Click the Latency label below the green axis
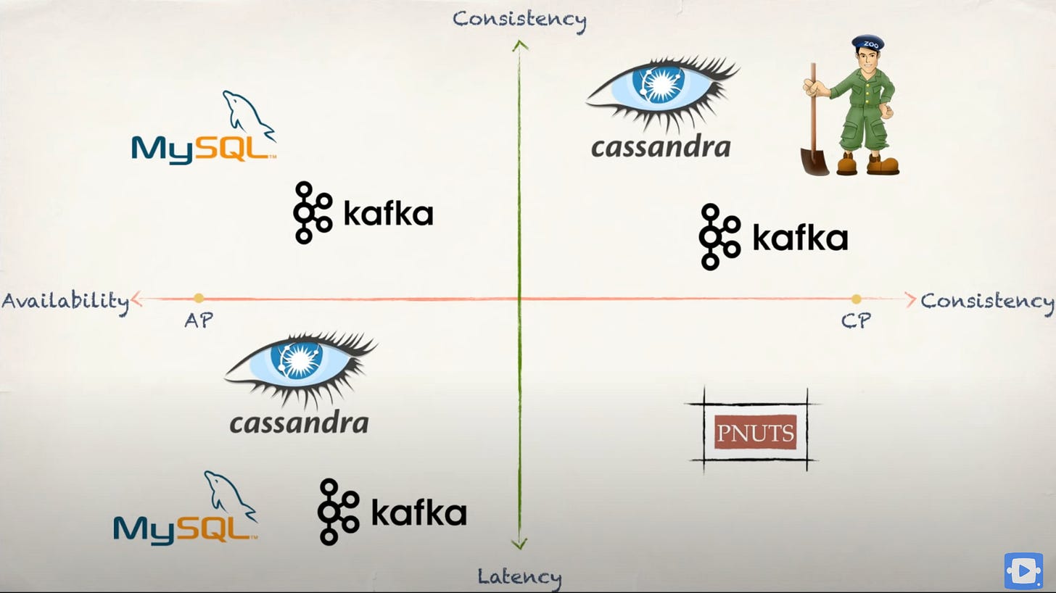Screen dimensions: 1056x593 [519, 577]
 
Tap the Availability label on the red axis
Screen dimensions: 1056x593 [65, 300]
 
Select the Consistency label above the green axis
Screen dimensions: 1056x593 [519, 19]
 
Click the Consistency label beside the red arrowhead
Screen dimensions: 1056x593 [987, 300]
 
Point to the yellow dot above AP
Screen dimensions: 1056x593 [199, 298]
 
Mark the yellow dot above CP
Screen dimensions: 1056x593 [857, 299]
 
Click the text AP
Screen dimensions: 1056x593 [199, 320]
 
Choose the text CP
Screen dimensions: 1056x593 [856, 320]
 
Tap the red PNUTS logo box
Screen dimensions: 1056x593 [755, 432]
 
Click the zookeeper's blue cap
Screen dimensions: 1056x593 [868, 43]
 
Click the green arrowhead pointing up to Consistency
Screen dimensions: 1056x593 [519, 46]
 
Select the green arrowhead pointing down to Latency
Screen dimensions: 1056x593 [519, 544]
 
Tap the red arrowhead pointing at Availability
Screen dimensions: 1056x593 [136, 299]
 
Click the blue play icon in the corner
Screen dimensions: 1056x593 [1023, 571]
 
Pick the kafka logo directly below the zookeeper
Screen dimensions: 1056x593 [773, 237]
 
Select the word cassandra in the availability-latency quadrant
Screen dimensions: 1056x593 [299, 422]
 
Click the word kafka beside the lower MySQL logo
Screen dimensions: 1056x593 [418, 513]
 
